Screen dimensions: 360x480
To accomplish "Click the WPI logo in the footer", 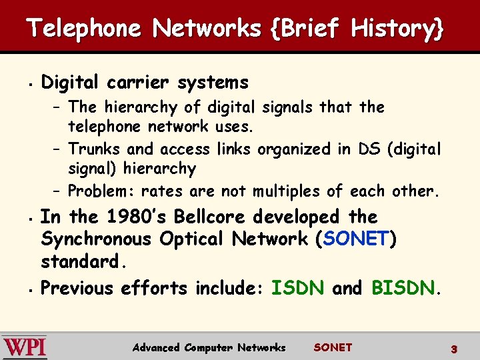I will pyautogui.click(x=25, y=347).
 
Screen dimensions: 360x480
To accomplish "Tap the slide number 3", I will pyautogui.click(x=453, y=349).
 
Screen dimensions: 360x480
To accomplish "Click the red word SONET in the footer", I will pyautogui.click(x=333, y=347).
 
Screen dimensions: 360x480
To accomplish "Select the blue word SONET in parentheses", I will pyautogui.click(x=356, y=239).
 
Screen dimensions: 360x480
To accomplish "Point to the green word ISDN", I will pyautogui.click(x=299, y=288).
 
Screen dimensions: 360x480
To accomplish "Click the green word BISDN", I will pyautogui.click(x=403, y=288).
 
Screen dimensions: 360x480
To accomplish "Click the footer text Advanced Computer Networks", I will pyautogui.click(x=209, y=347).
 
